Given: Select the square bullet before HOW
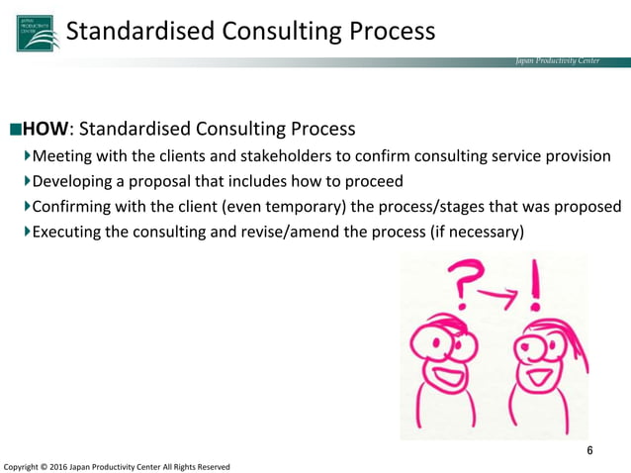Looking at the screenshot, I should point(14,130).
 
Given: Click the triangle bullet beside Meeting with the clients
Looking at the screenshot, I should point(27,156).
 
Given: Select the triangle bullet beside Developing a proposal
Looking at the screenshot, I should point(27,182).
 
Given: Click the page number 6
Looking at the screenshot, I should point(590,451).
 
